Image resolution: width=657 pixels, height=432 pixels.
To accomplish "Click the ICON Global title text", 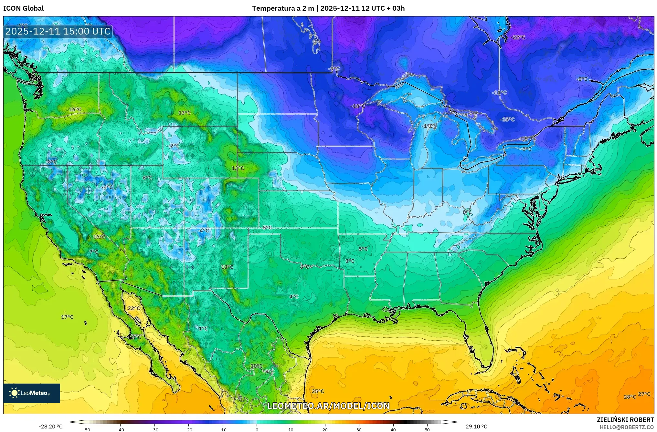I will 23,8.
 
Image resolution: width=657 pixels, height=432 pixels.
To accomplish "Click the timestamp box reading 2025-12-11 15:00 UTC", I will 58,31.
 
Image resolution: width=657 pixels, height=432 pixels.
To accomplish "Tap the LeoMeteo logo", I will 32,393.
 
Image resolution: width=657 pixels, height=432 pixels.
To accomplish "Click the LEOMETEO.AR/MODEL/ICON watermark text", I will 328,406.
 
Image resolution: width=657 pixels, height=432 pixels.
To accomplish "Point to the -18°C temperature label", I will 358,106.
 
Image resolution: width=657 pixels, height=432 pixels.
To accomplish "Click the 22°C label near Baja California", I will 134,308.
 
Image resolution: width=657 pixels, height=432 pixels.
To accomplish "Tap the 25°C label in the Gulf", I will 318,391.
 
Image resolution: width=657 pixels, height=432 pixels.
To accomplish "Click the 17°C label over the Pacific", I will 67,317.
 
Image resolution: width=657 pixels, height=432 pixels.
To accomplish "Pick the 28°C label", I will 630,397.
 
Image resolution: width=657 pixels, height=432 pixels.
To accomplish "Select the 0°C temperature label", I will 467,212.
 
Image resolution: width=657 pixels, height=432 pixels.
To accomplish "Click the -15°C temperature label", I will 507,119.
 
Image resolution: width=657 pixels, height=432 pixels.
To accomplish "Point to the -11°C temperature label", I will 499,93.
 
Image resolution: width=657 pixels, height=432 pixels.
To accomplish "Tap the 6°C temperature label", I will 147,178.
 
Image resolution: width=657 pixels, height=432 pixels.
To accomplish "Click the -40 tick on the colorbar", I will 120,430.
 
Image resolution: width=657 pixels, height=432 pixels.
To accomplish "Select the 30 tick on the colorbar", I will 359,430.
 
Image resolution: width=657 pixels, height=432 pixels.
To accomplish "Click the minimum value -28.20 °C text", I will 50,427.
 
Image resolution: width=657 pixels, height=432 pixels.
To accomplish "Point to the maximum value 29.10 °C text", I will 476,427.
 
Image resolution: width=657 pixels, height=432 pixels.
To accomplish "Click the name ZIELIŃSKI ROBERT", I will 625,420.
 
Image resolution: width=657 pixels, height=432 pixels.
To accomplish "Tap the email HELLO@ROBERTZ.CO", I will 627,427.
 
